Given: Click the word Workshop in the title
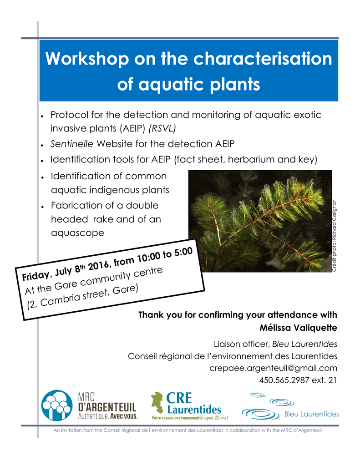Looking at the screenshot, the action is tap(87, 59).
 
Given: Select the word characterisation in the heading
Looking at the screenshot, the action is tap(263, 59).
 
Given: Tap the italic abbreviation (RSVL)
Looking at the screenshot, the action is tap(162, 128).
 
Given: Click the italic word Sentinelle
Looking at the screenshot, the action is tap(71, 144).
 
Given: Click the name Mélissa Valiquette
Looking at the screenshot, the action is tap(299, 328).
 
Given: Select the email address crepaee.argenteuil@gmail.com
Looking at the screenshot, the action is tap(273, 368).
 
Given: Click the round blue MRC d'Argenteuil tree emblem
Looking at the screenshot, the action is tap(57, 405).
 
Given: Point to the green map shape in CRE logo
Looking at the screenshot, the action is tap(157, 402).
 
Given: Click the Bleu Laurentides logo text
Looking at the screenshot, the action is tap(312, 414).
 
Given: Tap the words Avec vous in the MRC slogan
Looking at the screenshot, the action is tap(124, 416).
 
